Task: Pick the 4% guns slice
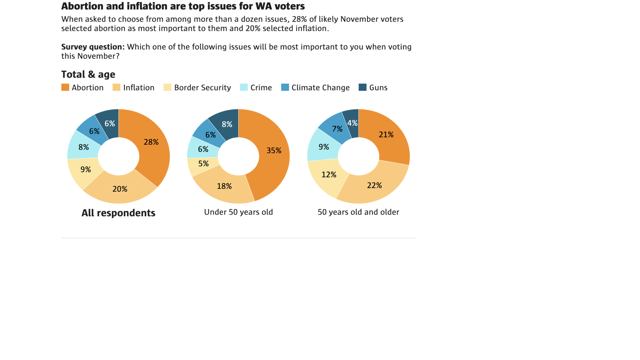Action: pos(352,123)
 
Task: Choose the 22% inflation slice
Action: pos(374,185)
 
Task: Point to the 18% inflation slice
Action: pos(224,187)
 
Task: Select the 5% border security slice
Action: pos(203,164)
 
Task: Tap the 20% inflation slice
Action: pos(120,189)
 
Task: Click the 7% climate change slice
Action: pos(337,129)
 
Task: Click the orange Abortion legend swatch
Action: pos(65,87)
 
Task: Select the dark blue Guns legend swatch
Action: pos(362,87)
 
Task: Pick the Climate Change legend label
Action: pos(320,87)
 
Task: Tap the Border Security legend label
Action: pos(202,87)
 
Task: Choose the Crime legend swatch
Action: pos(244,87)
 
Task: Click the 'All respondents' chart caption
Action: pos(118,213)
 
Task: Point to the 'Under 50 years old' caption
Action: pos(238,212)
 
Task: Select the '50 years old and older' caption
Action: pos(358,212)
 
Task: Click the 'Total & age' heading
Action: pos(88,74)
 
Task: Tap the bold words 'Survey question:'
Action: pos(93,47)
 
